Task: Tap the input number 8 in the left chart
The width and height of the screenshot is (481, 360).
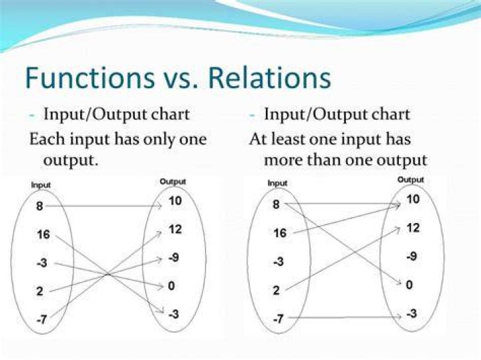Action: (x=39, y=206)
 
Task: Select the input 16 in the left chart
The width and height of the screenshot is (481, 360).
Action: (x=43, y=234)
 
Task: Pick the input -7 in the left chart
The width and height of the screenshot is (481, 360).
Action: (x=41, y=320)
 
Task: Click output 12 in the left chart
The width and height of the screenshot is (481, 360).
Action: (x=175, y=229)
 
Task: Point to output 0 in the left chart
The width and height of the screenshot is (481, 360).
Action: (x=171, y=286)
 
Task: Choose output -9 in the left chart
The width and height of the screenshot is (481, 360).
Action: (x=174, y=257)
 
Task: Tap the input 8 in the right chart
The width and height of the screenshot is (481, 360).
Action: (x=276, y=204)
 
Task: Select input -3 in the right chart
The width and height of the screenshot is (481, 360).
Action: (x=278, y=262)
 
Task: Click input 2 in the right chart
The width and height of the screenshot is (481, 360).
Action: (x=276, y=290)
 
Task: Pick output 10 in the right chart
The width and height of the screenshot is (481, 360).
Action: (x=413, y=199)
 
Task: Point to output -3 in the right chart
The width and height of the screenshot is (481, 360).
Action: (x=412, y=313)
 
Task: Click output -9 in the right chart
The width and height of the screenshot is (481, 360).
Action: (x=412, y=256)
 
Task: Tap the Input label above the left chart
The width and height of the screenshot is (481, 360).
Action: (x=41, y=185)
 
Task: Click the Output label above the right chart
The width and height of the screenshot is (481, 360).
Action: (x=410, y=180)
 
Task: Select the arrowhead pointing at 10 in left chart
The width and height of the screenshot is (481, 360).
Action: (x=159, y=206)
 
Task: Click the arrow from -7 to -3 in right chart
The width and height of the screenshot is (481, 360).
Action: (x=345, y=317)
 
